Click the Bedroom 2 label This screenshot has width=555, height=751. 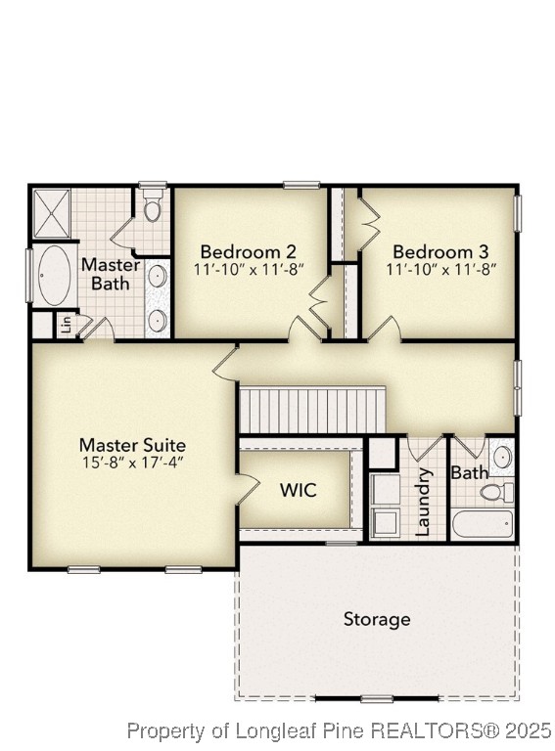pyautogui.click(x=249, y=250)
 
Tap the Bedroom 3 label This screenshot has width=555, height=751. pyautogui.click(x=440, y=250)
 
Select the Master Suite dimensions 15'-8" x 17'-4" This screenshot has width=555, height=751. pyautogui.click(x=132, y=464)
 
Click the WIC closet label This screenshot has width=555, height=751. pyautogui.click(x=299, y=490)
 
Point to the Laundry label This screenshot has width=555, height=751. pyautogui.click(x=424, y=502)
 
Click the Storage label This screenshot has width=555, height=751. pyautogui.click(x=377, y=619)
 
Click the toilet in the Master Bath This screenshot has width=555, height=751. pyautogui.click(x=153, y=208)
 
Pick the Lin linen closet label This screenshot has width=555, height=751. pyautogui.click(x=66, y=324)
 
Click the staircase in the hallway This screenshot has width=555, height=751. pyautogui.click(x=312, y=409)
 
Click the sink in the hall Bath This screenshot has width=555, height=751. pyautogui.click(x=501, y=457)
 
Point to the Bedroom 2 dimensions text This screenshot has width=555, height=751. pyautogui.click(x=249, y=268)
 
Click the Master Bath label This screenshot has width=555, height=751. pyautogui.click(x=111, y=274)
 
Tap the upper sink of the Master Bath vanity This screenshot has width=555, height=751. pyautogui.click(x=157, y=277)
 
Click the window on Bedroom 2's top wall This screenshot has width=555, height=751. pyautogui.click(x=301, y=185)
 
